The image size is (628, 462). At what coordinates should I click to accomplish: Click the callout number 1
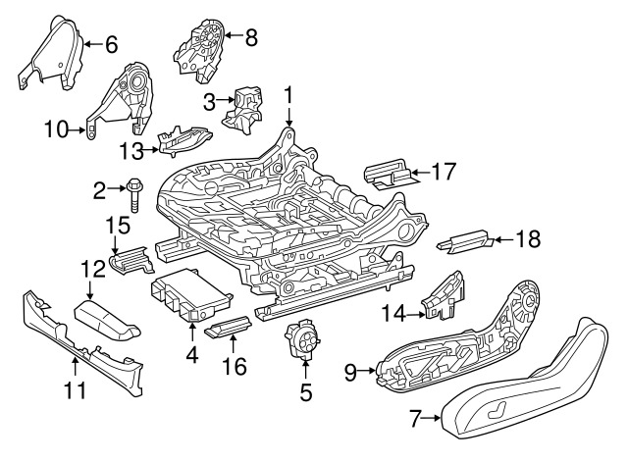288,95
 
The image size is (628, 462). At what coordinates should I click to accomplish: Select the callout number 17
444,173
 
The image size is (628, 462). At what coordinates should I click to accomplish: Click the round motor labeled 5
304,343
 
